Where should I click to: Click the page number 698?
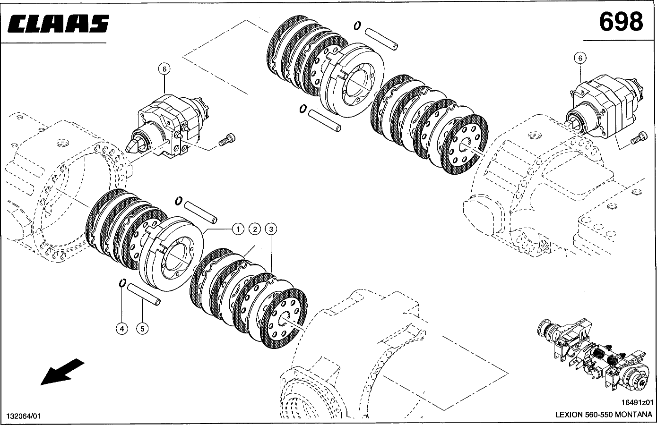pyautogui.click(x=621, y=21)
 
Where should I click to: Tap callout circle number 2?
pyautogui.click(x=254, y=229)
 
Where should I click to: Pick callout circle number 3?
pyautogui.click(x=271, y=229)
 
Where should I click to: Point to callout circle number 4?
pyautogui.click(x=122, y=328)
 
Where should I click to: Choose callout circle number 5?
pyautogui.click(x=142, y=328)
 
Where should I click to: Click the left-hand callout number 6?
pyautogui.click(x=164, y=69)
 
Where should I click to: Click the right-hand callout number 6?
pyautogui.click(x=580, y=58)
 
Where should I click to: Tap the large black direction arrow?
pyautogui.click(x=61, y=372)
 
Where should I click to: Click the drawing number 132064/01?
pyautogui.click(x=24, y=416)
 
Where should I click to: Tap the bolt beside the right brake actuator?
pyautogui.click(x=637, y=138)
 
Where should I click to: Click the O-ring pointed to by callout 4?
pyautogui.click(x=121, y=283)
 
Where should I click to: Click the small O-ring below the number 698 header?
pyautogui.click(x=357, y=25)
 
